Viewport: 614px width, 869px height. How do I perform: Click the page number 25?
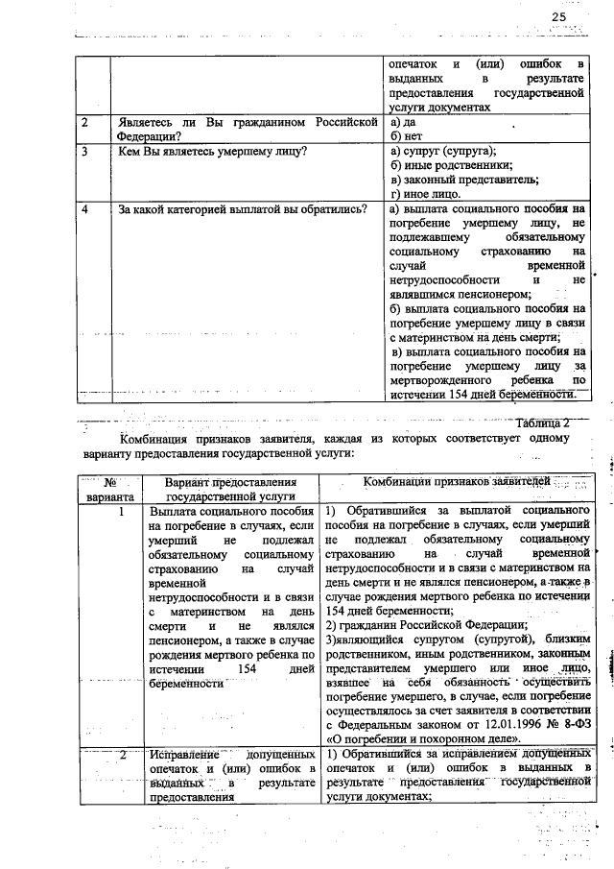click(x=559, y=17)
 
